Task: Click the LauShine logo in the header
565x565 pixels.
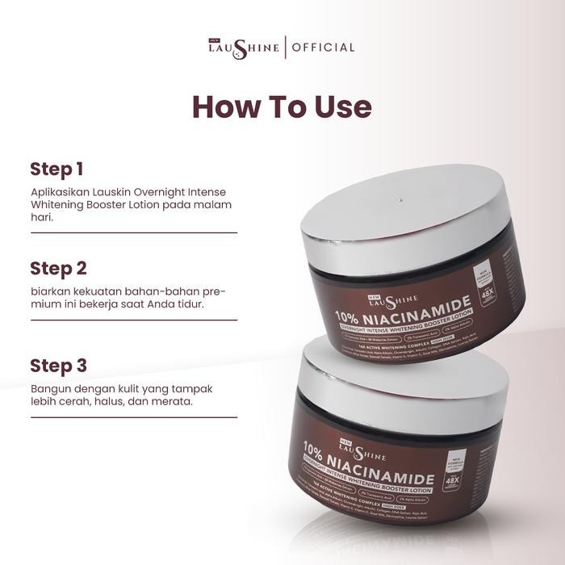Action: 244,47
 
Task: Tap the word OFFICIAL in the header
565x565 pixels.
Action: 322,48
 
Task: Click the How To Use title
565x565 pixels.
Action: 282,107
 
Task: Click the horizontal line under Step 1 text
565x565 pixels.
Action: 133,232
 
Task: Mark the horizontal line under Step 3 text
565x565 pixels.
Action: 133,417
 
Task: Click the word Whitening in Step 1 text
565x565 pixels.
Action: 60,205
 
